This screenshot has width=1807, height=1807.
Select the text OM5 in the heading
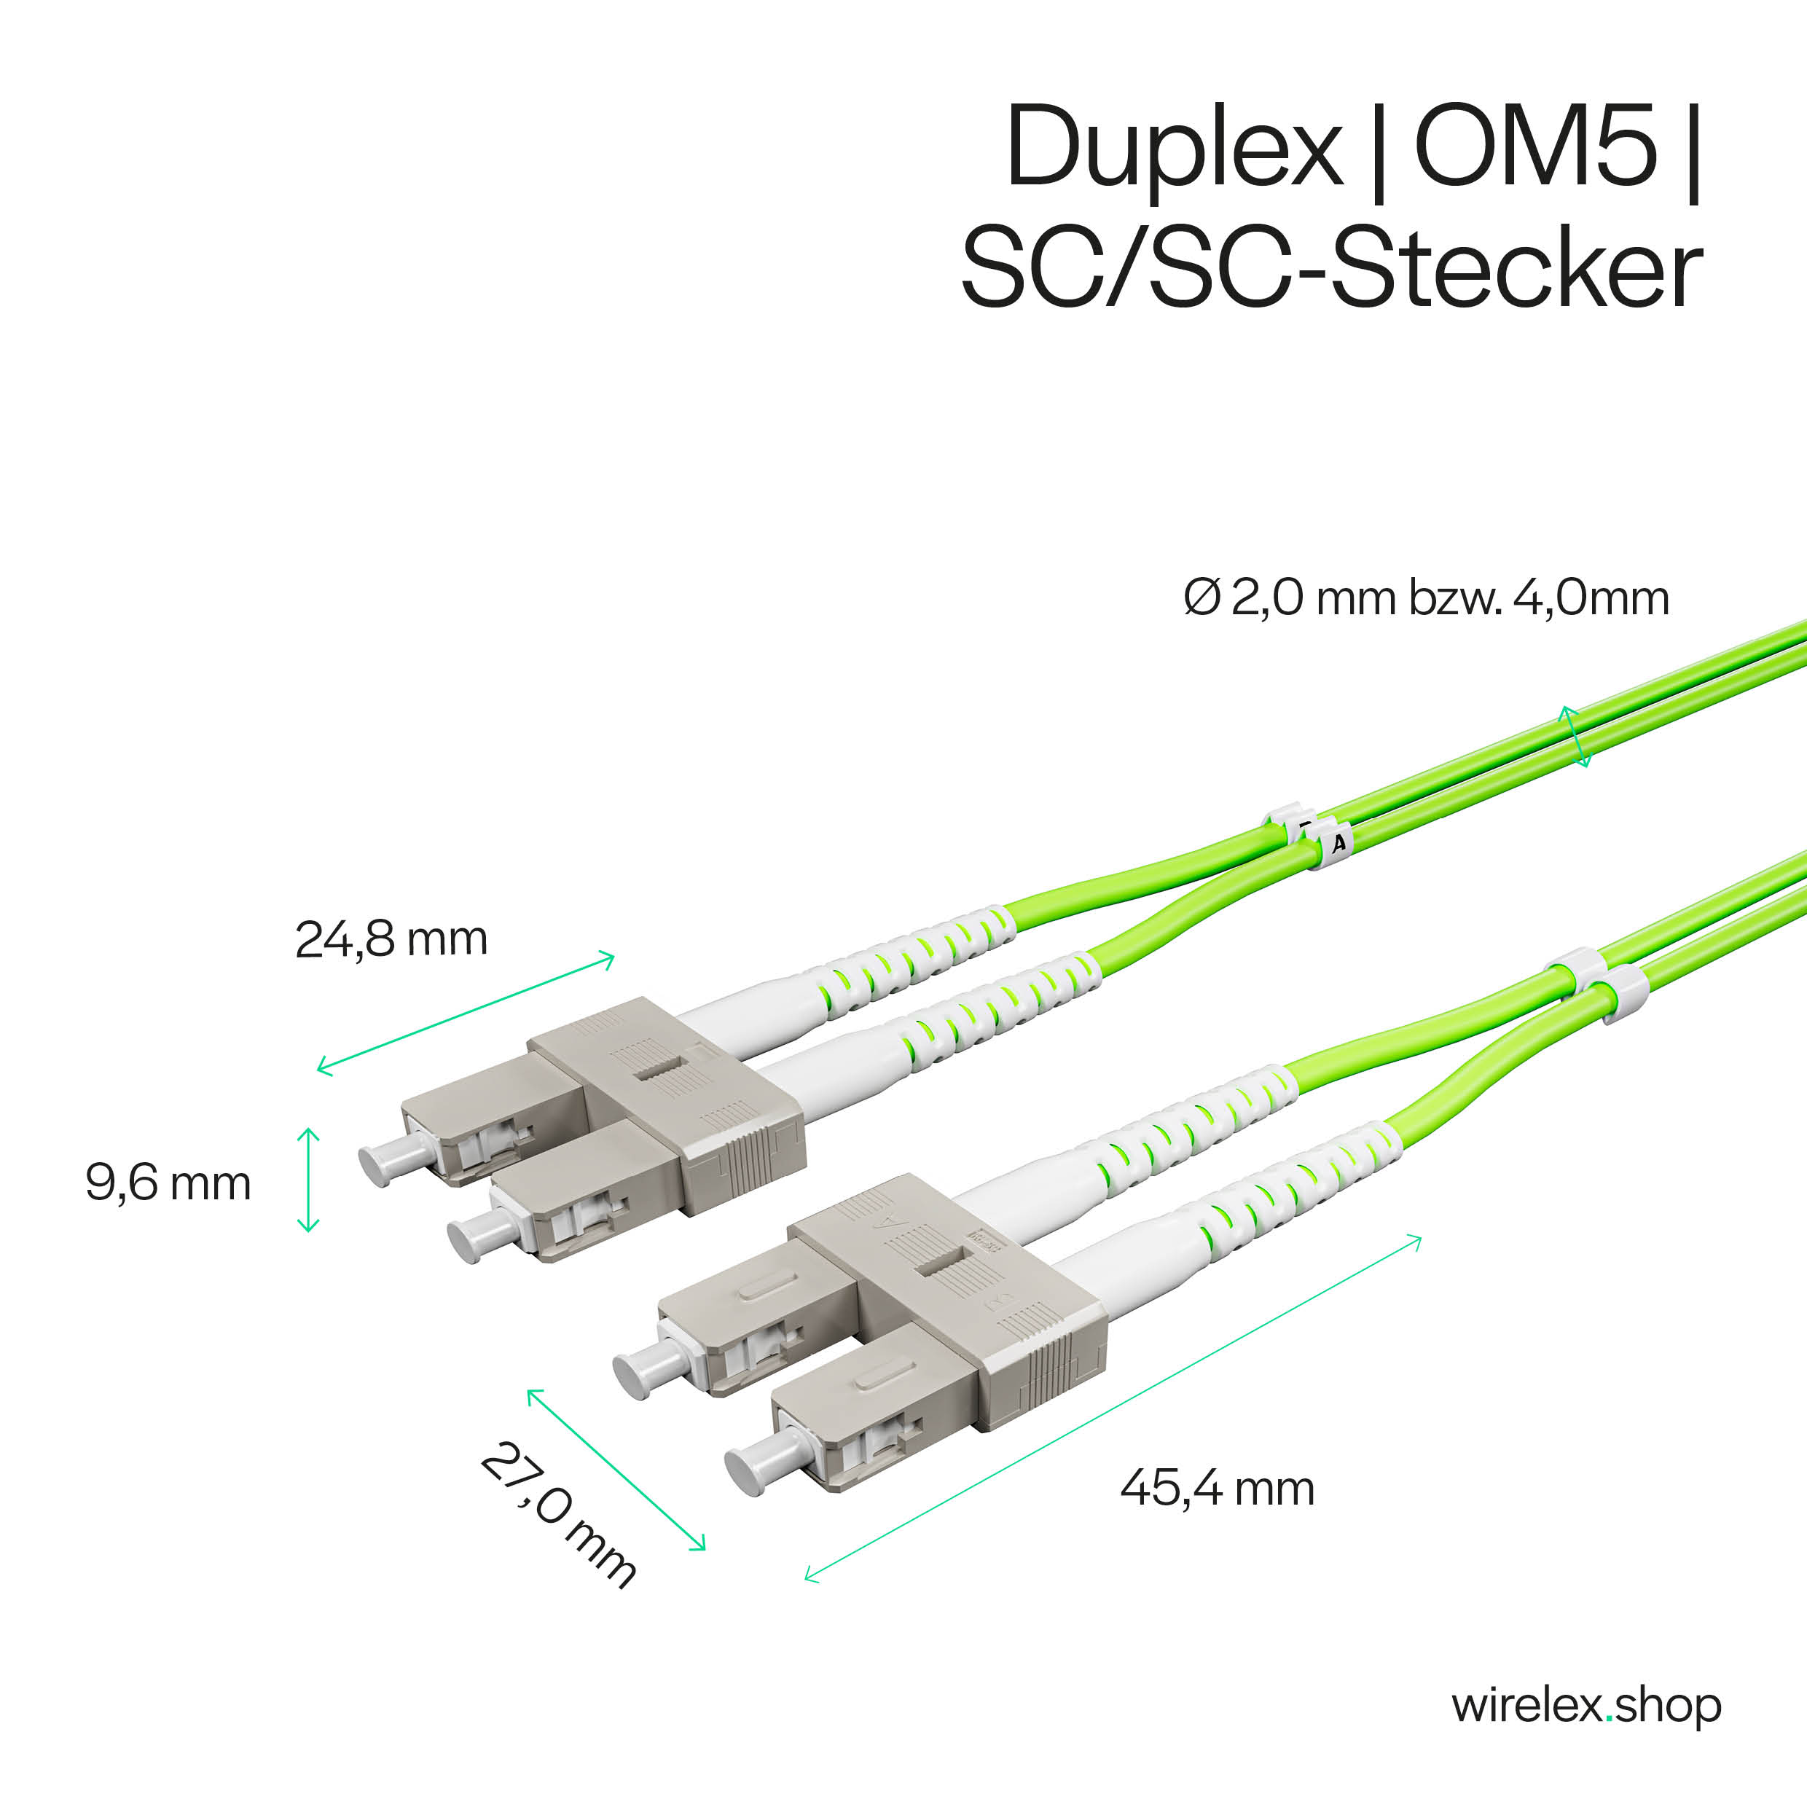pos(1536,146)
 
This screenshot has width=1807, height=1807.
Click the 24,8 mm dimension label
pos(391,940)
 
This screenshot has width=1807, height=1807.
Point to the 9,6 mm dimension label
pos(168,1183)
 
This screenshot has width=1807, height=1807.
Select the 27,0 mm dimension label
pos(558,1514)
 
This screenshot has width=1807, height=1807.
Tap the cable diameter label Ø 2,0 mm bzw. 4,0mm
pos(1427,597)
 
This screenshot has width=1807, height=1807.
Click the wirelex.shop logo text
pos(1586,1706)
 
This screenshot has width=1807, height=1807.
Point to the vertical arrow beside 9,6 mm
pos(307,1180)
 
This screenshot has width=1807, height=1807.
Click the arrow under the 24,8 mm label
pos(466,1013)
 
